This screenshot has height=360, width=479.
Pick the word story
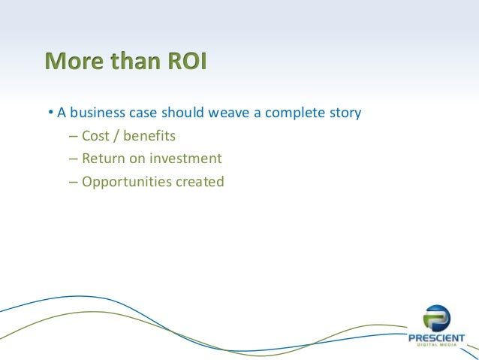[x=344, y=115]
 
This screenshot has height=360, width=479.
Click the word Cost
[x=96, y=137]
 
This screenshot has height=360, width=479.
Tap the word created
[x=199, y=181]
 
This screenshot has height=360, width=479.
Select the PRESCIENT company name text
[x=436, y=338]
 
